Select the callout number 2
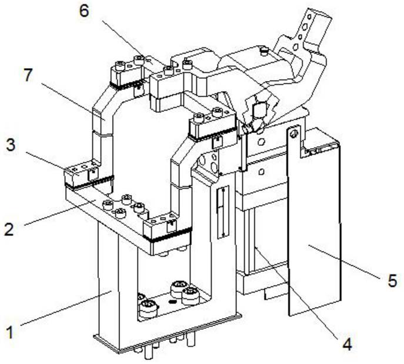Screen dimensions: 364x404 (x=8, y=229)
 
